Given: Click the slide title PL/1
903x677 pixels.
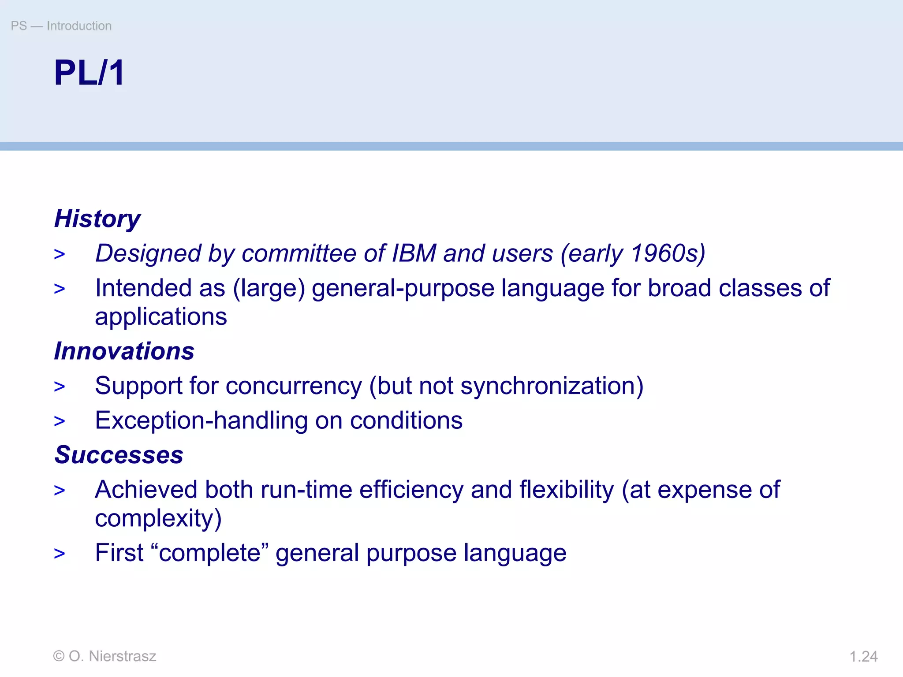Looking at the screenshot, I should click(89, 73).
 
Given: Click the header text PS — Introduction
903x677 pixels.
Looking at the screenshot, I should click(61, 26).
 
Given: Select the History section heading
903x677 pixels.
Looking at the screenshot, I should click(97, 219).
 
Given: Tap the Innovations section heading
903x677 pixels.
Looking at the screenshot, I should click(124, 351).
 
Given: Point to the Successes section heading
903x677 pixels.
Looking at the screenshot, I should click(119, 455).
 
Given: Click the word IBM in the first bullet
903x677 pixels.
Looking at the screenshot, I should click(414, 253).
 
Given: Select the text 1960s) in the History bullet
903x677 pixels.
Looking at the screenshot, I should click(668, 253).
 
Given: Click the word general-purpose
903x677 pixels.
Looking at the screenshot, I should click(403, 289).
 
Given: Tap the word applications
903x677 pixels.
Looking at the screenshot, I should click(161, 317).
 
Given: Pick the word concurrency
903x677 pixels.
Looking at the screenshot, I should click(294, 386).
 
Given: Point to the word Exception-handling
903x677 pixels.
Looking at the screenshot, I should click(201, 420).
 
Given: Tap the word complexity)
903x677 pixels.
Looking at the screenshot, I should click(158, 518).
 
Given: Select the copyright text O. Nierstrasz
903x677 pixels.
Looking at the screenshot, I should click(112, 656).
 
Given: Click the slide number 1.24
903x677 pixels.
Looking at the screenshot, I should click(863, 657).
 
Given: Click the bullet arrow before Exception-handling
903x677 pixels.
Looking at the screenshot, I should click(60, 421).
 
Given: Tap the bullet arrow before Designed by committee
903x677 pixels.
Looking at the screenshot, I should click(60, 254).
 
